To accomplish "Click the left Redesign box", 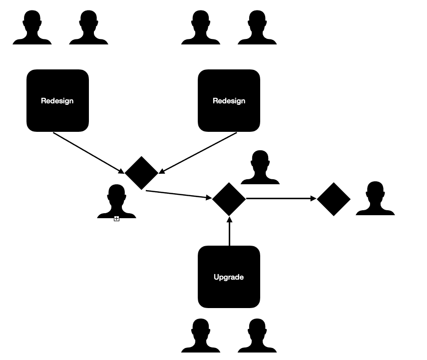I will click(x=57, y=101).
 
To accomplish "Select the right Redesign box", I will click(x=229, y=101).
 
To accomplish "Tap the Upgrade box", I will click(x=229, y=277).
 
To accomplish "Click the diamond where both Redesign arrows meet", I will click(x=141, y=173).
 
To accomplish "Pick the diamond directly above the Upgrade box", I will click(x=229, y=199).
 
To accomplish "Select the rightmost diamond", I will click(x=334, y=199).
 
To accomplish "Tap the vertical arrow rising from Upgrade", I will click(x=229, y=232).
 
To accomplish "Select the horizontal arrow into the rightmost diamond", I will click(x=281, y=198).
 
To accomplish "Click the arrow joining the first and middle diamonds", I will click(x=178, y=195).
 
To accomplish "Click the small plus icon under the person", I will click(x=116, y=219).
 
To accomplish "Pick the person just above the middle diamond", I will click(x=260, y=168).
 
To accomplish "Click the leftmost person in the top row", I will click(x=32, y=28).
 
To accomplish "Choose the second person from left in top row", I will click(x=88, y=28).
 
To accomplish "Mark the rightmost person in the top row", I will click(x=257, y=28).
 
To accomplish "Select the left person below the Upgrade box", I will click(x=200, y=336).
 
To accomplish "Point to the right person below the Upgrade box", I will click(x=257, y=336).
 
